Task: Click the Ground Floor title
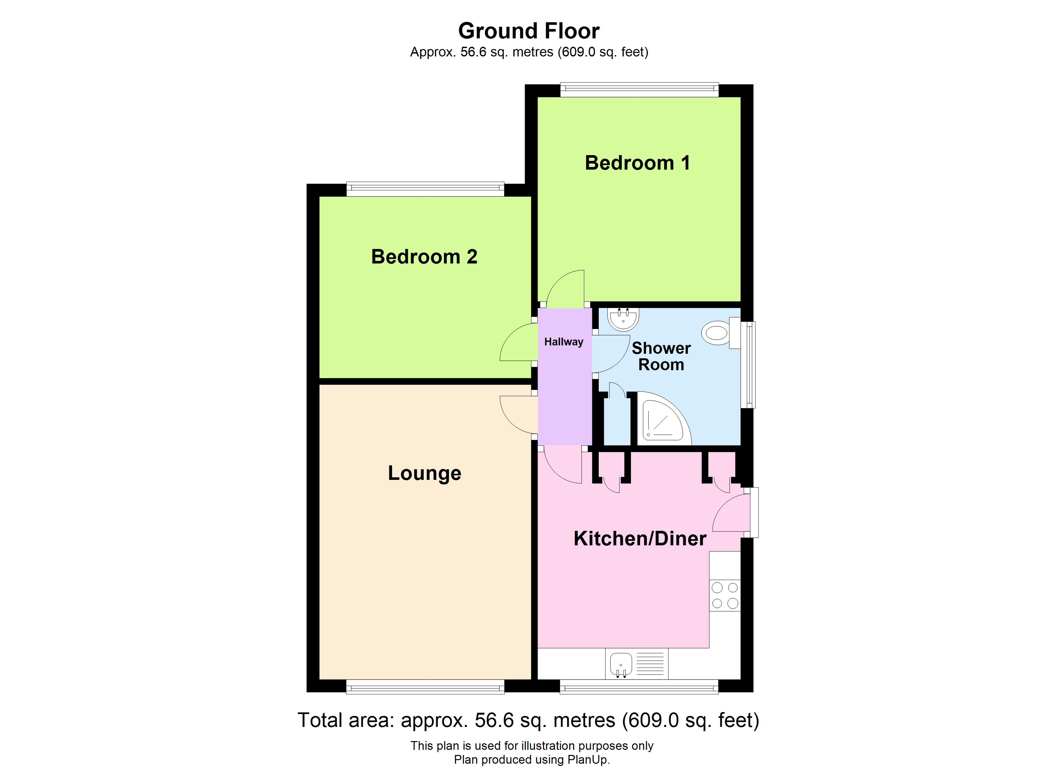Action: [x=529, y=31]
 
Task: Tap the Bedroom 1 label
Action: [x=637, y=163]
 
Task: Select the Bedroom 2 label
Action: [x=424, y=257]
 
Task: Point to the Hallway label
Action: [x=563, y=342]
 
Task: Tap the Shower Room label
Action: [x=661, y=356]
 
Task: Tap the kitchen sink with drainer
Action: [x=636, y=664]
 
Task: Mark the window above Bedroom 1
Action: [x=639, y=89]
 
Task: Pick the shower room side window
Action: [x=751, y=364]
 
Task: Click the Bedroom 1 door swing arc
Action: [x=565, y=287]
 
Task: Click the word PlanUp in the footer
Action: [x=587, y=759]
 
